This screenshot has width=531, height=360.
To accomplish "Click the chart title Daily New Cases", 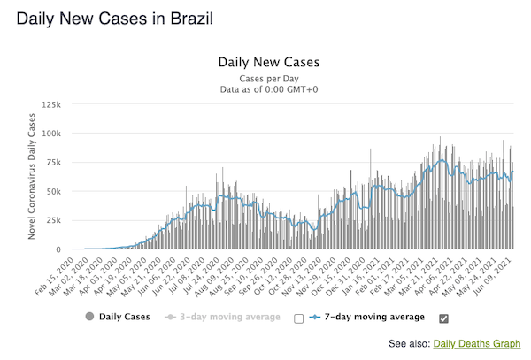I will point(267,63).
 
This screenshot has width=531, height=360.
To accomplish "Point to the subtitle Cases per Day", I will point(267,78).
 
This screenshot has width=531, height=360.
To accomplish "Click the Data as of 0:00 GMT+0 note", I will point(267,89).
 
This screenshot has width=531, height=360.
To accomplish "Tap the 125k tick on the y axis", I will point(50,104).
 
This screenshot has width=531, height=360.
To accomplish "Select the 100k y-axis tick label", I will point(50,134).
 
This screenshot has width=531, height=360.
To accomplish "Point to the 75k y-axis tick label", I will point(52,163).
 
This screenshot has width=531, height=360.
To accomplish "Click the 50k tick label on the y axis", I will point(52,192).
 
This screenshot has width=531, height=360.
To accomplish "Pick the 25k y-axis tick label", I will point(52,221).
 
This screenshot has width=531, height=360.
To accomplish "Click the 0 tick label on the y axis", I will point(58,249).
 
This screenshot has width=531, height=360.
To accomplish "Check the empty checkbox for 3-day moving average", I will point(298,318).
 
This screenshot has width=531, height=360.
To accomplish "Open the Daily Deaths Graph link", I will point(478,342).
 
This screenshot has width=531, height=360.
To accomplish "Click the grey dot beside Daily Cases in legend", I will point(89,317).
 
